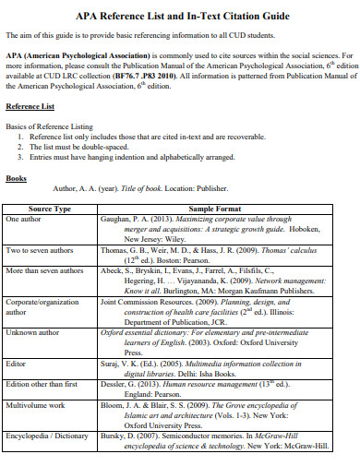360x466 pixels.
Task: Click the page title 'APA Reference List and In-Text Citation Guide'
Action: [x=180, y=15]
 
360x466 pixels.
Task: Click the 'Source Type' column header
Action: [x=50, y=209]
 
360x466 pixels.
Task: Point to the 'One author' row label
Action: [x=25, y=220]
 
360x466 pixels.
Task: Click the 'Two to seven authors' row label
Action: [x=42, y=250]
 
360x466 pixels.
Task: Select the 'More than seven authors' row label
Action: [x=46, y=270]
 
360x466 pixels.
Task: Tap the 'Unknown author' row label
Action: [x=34, y=330]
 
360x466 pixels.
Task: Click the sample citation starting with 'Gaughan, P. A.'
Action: [x=211, y=229]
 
